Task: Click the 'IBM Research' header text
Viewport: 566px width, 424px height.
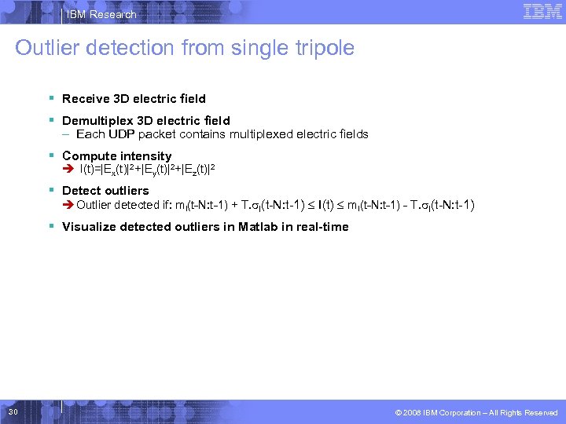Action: coord(101,15)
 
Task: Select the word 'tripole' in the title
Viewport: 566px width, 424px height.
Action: coord(322,48)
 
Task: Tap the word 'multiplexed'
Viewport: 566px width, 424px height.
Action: coord(262,134)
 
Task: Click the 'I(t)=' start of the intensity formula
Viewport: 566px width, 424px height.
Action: coord(90,169)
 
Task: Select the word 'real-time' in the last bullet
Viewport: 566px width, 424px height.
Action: coord(322,227)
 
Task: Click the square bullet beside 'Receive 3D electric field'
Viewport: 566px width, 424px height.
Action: coord(50,98)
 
